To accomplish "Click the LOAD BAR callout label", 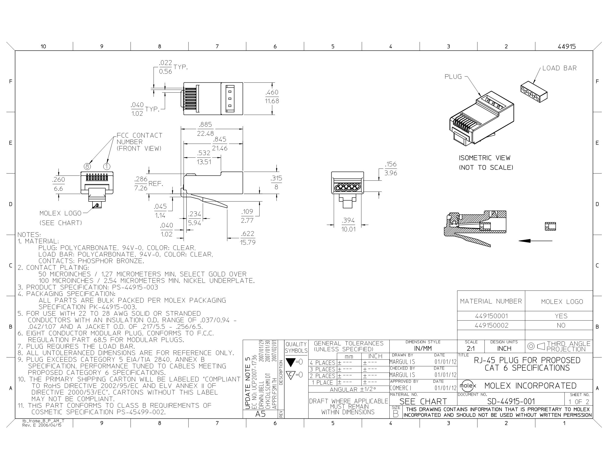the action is [x=560, y=68].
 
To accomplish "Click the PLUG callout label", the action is [x=453, y=77].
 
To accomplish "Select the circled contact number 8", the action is [x=87, y=167].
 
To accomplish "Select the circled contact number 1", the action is [x=107, y=167].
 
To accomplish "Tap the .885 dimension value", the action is [x=206, y=124].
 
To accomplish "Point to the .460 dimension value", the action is [x=272, y=92].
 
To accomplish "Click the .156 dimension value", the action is [x=391, y=164].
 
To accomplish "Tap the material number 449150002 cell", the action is [x=491, y=325].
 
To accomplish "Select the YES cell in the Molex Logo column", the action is [x=561, y=316].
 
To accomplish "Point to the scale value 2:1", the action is [x=471, y=349].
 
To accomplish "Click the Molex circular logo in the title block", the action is [x=468, y=386].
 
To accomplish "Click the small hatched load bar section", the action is [x=550, y=226].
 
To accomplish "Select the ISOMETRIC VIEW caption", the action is [x=485, y=158].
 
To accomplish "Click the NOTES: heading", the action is [x=29, y=235].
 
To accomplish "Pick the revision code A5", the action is [x=261, y=414].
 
